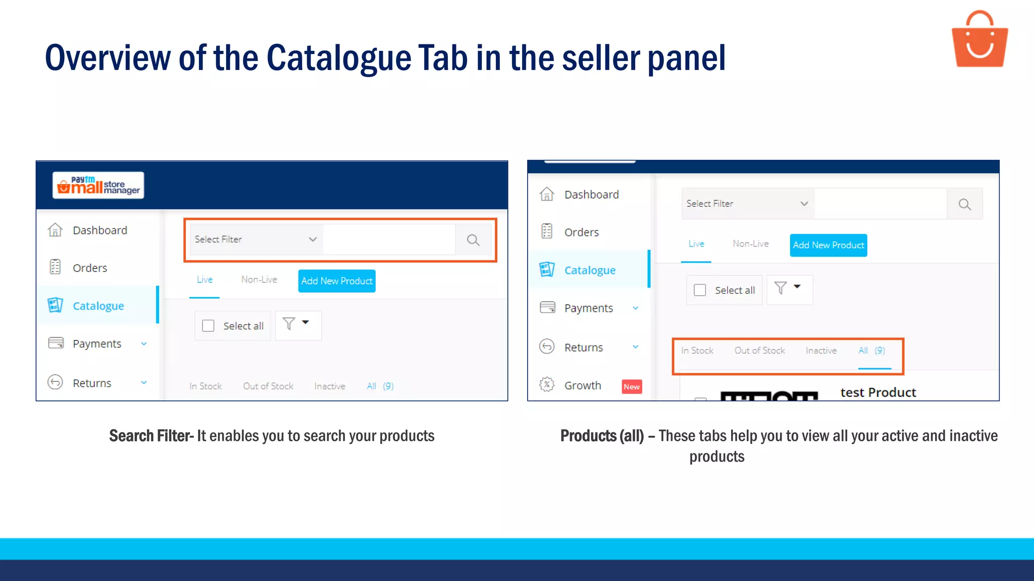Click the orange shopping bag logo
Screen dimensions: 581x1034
(979, 40)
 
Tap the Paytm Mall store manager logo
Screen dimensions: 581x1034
(98, 186)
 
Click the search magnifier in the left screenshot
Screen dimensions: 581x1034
(473, 240)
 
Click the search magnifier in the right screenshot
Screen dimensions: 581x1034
(964, 204)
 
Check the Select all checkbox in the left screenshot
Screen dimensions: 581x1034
(208, 326)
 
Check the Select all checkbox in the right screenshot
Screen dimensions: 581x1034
(700, 290)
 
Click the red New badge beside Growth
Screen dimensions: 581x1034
(632, 387)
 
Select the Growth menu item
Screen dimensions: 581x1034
(583, 386)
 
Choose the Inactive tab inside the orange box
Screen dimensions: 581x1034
(821, 351)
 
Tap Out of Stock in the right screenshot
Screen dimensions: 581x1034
(759, 351)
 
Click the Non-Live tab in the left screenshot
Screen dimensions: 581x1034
(259, 279)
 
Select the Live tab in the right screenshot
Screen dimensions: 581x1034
(696, 244)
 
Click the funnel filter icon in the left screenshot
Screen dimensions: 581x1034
(289, 323)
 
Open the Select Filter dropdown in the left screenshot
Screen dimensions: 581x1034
(256, 240)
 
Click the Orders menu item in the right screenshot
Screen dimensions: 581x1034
(581, 233)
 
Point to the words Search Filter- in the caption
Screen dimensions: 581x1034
(151, 436)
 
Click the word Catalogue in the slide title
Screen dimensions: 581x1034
(339, 58)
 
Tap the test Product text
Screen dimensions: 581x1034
(878, 392)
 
